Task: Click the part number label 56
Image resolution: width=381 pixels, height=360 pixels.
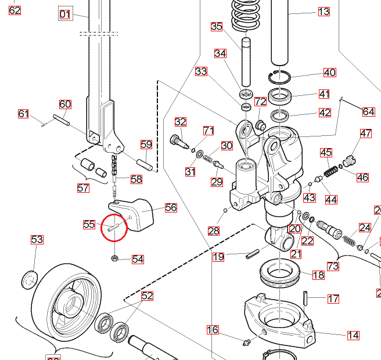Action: tap(171, 207)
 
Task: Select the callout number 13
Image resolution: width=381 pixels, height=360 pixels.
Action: tap(324, 12)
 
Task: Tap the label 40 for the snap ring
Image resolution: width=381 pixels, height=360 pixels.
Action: tap(329, 73)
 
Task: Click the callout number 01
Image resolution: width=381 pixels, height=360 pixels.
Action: tap(65, 14)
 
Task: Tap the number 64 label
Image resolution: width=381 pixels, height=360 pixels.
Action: tap(368, 111)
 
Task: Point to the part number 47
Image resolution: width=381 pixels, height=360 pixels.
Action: tap(365, 134)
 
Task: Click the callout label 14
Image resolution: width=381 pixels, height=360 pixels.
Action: tap(353, 335)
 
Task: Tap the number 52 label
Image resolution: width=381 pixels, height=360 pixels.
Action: tap(148, 296)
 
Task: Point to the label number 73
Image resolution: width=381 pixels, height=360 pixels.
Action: tap(333, 266)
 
